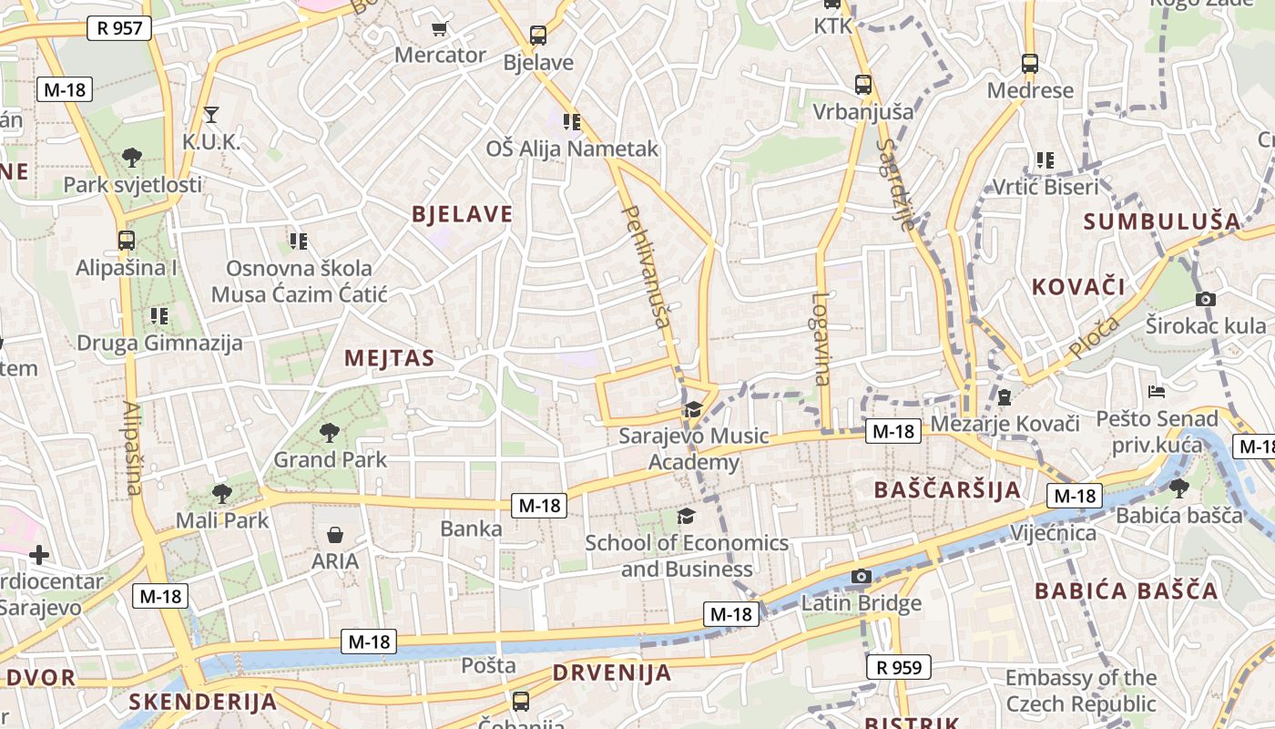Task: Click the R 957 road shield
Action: point(119,28)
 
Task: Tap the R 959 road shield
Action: point(899,667)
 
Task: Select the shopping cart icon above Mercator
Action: point(440,29)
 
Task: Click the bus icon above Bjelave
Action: point(538,36)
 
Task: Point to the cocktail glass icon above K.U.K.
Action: point(211,115)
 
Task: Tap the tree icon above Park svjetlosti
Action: point(132,158)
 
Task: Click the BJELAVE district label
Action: point(462,215)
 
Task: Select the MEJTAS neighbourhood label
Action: point(389,359)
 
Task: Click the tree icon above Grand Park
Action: point(330,433)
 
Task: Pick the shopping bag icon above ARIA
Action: point(335,534)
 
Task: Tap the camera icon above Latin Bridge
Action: point(861,576)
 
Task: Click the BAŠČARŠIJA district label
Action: point(947,490)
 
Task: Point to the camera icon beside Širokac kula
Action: point(1206,299)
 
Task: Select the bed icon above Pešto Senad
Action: point(1157,392)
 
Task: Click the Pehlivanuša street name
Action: point(648,266)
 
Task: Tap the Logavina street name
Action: point(822,339)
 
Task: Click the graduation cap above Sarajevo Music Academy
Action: point(693,409)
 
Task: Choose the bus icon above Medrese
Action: point(1030,64)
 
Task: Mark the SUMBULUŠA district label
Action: point(1162,221)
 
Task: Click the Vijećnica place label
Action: point(1054,532)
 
